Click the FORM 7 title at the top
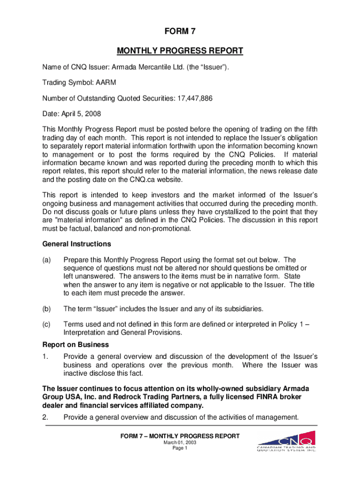click(x=180, y=32)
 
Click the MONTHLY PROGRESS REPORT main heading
click(x=180, y=51)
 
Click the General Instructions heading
click(x=71, y=244)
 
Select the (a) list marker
click(x=47, y=260)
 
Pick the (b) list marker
click(x=47, y=308)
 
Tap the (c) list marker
click(x=47, y=324)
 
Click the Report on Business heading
click(x=69, y=345)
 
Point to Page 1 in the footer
click(x=180, y=448)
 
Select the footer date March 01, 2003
click(x=180, y=442)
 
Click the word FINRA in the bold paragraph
click(x=249, y=397)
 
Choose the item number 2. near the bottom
click(x=46, y=418)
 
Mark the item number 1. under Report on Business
click(x=46, y=356)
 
